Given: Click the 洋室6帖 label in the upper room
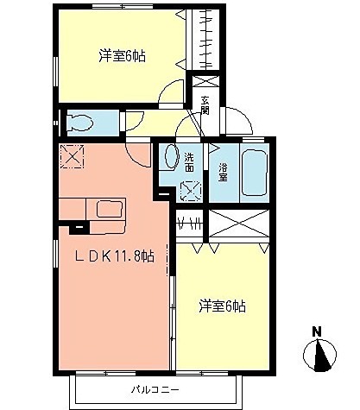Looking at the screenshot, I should pos(122,57).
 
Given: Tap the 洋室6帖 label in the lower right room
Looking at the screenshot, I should pos(223,306).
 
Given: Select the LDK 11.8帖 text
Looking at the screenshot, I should pos(112,256).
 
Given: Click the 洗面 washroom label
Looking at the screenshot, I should pos(189,161).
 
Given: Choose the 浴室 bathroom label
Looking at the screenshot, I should pos(223,171).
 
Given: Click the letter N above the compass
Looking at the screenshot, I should pos(317,331).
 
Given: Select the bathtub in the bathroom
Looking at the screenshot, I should pos(256,173).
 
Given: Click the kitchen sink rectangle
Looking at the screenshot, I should pos(111,209).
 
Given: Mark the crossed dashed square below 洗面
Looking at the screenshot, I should pos(190,190).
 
